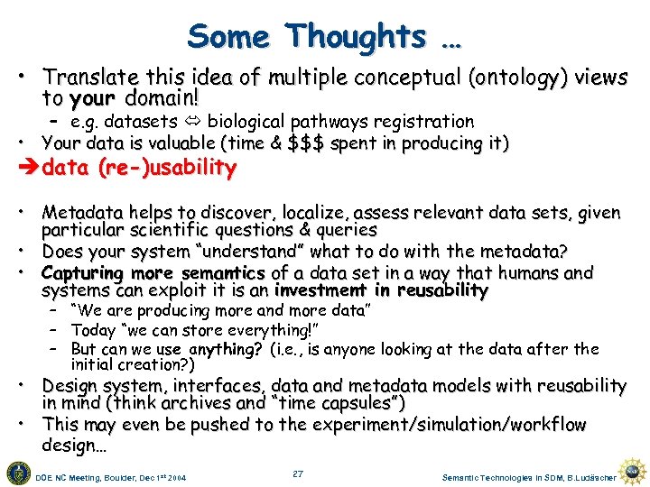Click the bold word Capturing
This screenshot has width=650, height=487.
coord(82,272)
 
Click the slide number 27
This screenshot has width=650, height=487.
coord(298,473)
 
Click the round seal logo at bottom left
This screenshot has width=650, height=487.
coord(18,472)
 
